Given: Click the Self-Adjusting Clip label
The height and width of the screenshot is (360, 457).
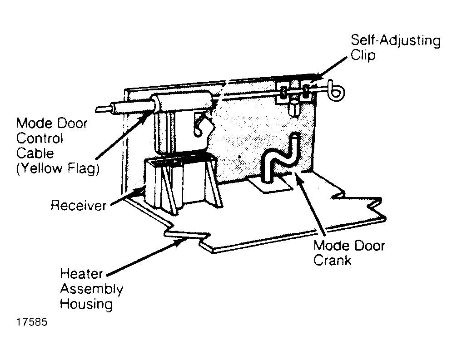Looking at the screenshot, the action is coord(395,48).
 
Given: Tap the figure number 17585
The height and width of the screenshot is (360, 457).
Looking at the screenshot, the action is coord(32,322).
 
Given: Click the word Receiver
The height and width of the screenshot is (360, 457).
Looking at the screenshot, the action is coord(79,205).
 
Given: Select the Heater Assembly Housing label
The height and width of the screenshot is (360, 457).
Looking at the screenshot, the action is coord(91,289).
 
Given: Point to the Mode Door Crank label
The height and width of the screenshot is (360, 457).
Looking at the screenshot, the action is coord(349,253).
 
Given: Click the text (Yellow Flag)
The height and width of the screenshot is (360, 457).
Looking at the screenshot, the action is coord(58,168).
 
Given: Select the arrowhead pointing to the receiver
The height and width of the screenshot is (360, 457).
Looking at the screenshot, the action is coord(139,191).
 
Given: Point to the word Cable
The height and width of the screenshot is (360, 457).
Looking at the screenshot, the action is coord(35,153).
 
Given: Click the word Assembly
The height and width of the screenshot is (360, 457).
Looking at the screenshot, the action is coord(91,290).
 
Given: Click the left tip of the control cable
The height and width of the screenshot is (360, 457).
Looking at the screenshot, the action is coord(97,109).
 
